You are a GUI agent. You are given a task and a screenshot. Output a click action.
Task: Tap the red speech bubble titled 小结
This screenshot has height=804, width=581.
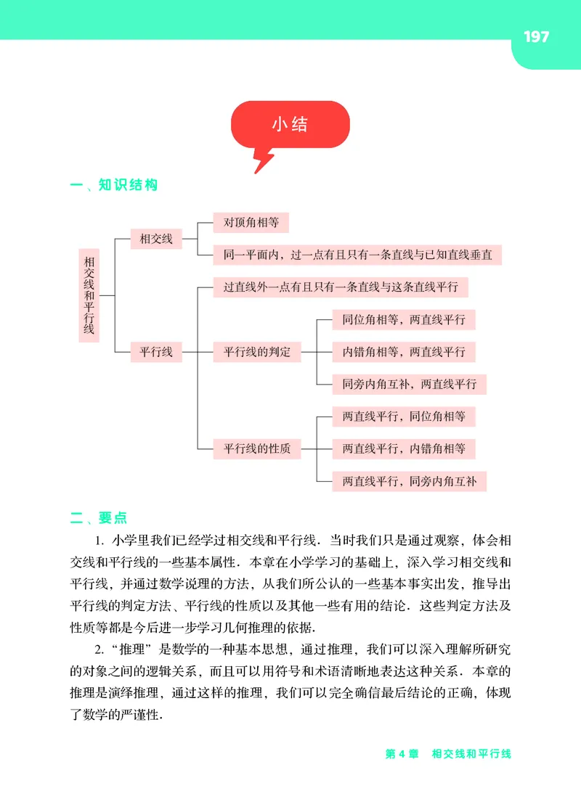290,125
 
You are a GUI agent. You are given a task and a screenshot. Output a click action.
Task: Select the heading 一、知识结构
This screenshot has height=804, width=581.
113,185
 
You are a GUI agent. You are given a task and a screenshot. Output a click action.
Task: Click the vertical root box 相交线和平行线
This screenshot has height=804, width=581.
89,295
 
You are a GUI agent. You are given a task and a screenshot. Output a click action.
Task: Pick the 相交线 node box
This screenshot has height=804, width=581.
156,238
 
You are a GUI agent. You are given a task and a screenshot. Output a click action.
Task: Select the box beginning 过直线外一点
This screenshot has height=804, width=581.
340,287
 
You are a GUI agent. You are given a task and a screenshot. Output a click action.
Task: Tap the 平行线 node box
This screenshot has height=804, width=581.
156,352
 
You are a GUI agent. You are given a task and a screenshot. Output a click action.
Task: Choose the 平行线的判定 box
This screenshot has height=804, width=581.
257,352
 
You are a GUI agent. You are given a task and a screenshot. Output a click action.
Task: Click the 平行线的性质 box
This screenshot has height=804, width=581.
257,449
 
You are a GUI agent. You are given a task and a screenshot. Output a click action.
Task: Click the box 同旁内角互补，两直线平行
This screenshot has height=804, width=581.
409,384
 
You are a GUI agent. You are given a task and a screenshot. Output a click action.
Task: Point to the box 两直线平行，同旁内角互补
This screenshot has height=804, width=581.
409,481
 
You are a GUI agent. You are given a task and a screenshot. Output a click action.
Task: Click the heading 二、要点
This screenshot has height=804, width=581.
99,517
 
